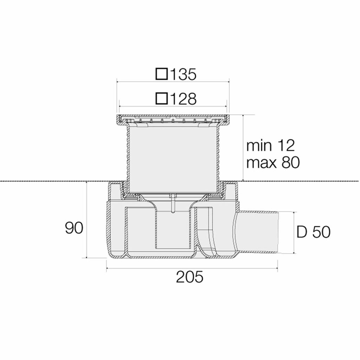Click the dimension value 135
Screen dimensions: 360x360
pyautogui.click(x=183, y=74)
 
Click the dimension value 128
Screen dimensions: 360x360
pyautogui.click(x=183, y=99)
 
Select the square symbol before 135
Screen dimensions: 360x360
pyautogui.click(x=162, y=74)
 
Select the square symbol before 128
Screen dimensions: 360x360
pyautogui.click(x=162, y=98)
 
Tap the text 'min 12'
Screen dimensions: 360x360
pyautogui.click(x=270, y=146)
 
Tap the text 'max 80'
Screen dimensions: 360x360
pyautogui.click(x=273, y=162)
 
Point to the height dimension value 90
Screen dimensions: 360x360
pyautogui.click(x=74, y=228)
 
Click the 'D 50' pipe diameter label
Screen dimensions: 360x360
pyautogui.click(x=313, y=232)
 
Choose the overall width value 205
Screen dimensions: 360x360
pyautogui.click(x=189, y=277)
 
